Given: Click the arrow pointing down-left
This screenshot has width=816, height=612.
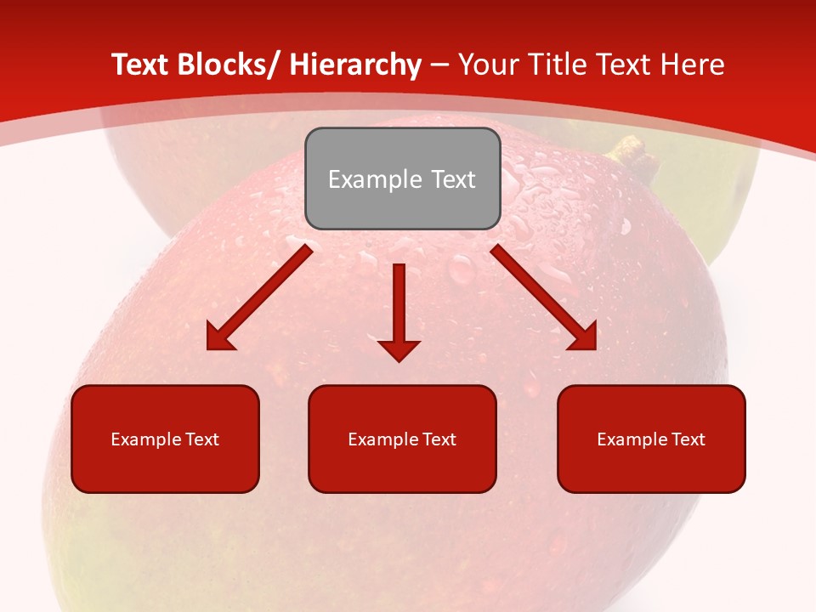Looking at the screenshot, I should point(258,298).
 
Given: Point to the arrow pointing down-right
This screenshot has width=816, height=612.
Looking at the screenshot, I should point(544,297).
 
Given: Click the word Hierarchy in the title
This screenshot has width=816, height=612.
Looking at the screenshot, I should point(354,65).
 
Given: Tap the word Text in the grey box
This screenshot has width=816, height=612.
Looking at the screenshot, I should point(451,179).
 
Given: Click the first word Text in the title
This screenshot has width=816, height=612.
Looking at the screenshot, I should point(139,65).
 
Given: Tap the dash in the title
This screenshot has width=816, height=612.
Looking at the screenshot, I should point(439,65).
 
